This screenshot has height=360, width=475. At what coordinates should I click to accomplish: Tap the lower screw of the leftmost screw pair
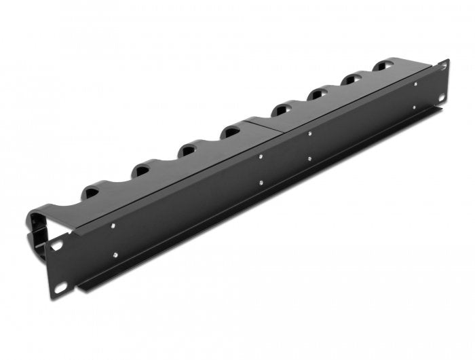[x=117, y=255]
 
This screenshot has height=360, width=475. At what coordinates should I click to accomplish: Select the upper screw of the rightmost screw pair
[x=415, y=84]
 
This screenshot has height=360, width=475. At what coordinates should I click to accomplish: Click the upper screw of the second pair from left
[x=261, y=157]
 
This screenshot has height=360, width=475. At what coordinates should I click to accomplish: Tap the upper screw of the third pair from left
[x=309, y=134]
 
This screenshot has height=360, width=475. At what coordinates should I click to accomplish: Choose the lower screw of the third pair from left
[x=310, y=158]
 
